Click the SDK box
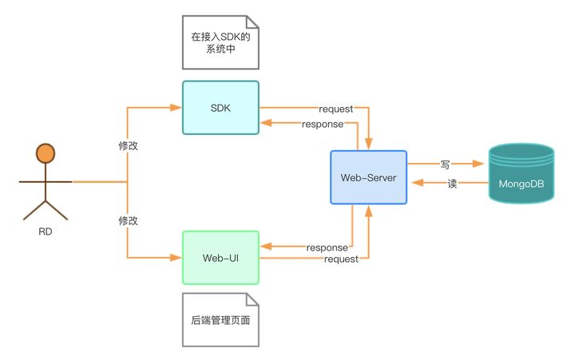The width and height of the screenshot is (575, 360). click(x=220, y=108)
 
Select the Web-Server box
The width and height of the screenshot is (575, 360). click(x=368, y=176)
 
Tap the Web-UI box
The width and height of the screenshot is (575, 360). click(x=220, y=257)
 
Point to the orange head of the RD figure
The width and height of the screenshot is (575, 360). click(x=46, y=153)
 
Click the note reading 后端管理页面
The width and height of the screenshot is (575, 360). click(x=220, y=319)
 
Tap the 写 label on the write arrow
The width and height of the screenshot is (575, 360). click(x=445, y=164)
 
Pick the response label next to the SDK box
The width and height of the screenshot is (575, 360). click(x=323, y=124)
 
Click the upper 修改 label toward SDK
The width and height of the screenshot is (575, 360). click(x=128, y=148)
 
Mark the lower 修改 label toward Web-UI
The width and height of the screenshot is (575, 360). click(x=128, y=220)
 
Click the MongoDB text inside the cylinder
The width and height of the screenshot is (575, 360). click(x=521, y=185)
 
